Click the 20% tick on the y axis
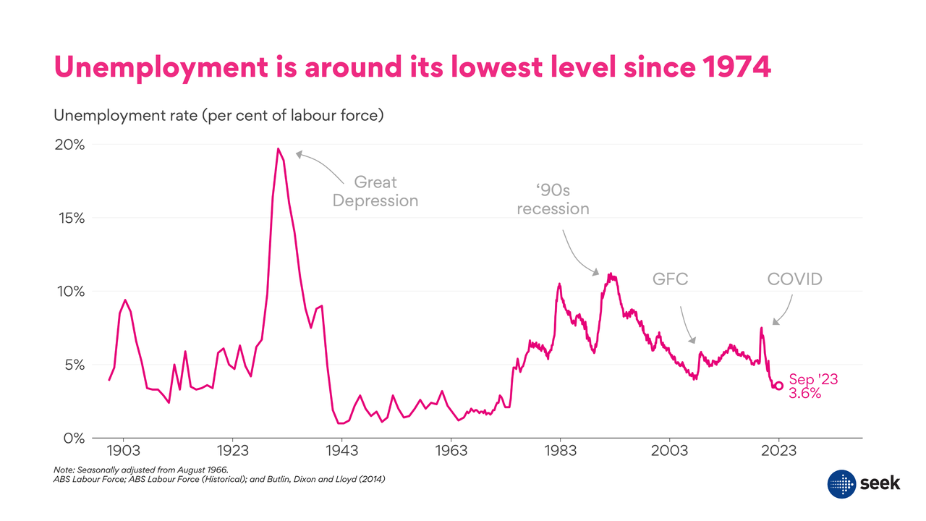pyautogui.click(x=71, y=145)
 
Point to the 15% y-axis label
pyautogui.click(x=71, y=218)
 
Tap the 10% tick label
pyautogui.click(x=71, y=292)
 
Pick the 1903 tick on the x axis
pyautogui.click(x=123, y=451)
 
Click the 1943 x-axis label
pyautogui.click(x=341, y=451)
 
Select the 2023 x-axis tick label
pyautogui.click(x=778, y=451)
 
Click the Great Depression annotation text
pyautogui.click(x=375, y=191)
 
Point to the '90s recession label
pyautogui.click(x=553, y=200)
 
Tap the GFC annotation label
pyautogui.click(x=671, y=279)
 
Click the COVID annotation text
pyautogui.click(x=794, y=279)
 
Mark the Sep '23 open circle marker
pyautogui.click(x=778, y=386)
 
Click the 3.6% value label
pyautogui.click(x=804, y=394)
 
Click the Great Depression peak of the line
pyautogui.click(x=278, y=149)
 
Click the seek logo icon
pyautogui.click(x=841, y=483)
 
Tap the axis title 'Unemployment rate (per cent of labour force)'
pyautogui.click(x=218, y=115)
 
